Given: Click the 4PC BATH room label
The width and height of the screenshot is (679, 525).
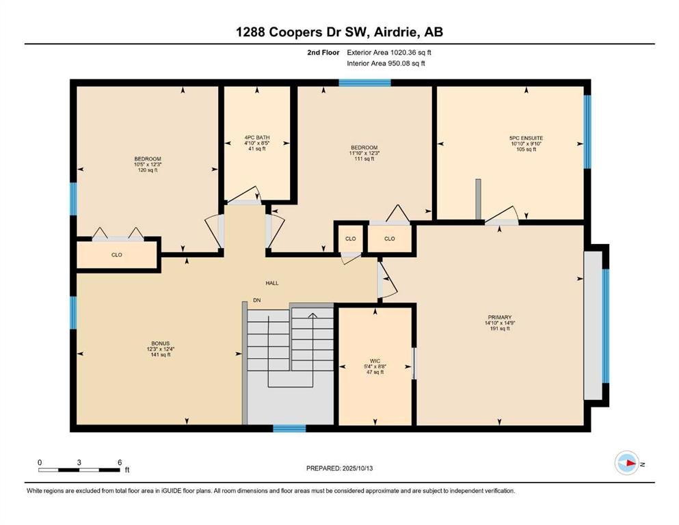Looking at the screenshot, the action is point(257,137).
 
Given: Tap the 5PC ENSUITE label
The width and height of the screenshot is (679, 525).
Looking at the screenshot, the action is point(526,138).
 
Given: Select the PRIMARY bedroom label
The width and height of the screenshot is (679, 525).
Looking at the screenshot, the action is point(499,317).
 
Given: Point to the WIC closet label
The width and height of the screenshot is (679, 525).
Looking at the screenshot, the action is point(375,361).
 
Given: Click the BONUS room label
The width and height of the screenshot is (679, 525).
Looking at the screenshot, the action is point(160,343).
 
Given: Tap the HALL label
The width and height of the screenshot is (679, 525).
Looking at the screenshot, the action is point(272,283).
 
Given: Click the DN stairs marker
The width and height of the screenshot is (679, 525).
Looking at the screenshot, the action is point(257,300).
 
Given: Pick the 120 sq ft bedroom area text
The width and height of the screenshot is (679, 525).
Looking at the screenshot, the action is point(148,170).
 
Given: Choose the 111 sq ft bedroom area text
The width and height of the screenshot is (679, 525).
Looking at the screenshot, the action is point(364,159).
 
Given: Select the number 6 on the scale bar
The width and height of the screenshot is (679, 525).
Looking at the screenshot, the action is point(120,462).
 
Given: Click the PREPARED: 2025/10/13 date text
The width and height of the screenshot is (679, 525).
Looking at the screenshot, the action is point(339,468).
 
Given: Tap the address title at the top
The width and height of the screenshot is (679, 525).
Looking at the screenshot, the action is point(339,32).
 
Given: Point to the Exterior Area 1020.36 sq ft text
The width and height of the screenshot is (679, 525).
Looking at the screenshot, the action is point(389,53).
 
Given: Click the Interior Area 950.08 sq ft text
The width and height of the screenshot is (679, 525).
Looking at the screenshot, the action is point(386,64).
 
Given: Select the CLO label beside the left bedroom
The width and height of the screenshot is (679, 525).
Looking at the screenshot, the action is point(116,255).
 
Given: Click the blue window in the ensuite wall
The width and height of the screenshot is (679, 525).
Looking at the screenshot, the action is point(587,131).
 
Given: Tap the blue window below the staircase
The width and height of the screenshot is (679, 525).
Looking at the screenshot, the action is point(289,429).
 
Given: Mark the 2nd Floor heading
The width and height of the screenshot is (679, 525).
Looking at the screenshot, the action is point(323,53).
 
